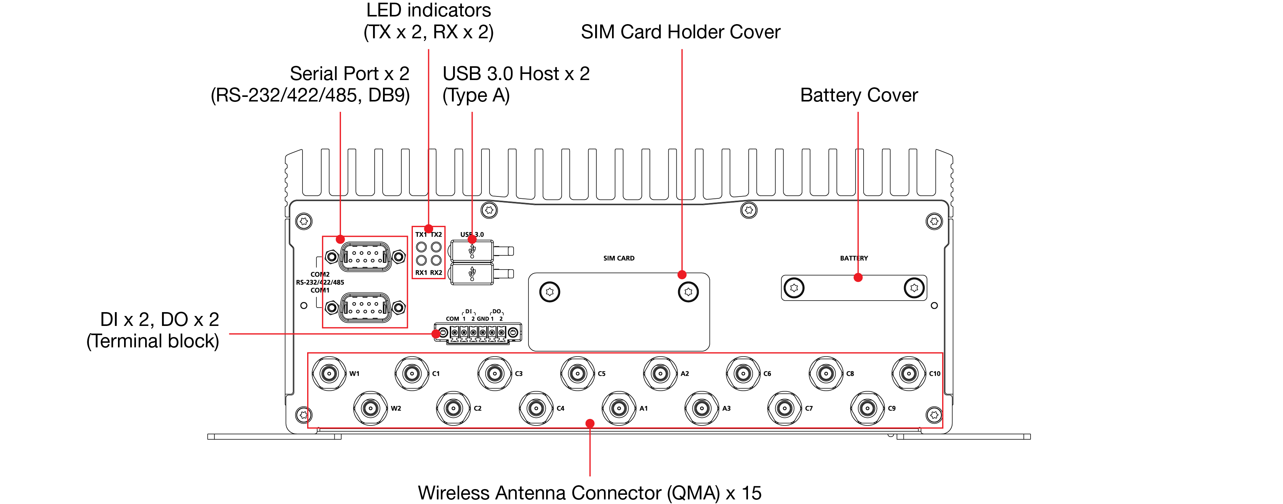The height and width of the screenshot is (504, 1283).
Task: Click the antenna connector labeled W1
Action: click(329, 373)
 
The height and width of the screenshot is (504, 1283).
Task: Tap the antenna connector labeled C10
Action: click(909, 373)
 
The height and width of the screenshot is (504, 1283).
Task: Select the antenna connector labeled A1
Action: click(619, 408)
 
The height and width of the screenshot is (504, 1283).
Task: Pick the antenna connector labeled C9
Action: click(867, 408)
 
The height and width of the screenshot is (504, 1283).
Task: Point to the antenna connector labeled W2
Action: click(371, 408)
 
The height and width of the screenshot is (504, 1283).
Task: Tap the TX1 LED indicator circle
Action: click(421, 247)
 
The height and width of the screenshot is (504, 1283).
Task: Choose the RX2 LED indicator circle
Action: click(436, 260)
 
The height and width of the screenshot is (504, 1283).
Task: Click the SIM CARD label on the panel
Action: click(619, 258)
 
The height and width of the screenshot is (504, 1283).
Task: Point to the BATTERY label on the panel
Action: click(854, 258)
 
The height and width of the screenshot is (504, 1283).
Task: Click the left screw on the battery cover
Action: click(794, 288)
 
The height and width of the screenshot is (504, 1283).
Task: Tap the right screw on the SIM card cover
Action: click(688, 292)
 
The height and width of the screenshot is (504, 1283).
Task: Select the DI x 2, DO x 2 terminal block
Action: click(478, 333)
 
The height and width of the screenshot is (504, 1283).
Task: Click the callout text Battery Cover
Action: click(859, 95)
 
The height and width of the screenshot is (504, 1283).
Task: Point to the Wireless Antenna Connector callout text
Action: click(590, 493)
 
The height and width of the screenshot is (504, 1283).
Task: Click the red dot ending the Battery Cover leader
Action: click(858, 277)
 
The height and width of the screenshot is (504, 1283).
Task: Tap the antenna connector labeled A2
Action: click(660, 373)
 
